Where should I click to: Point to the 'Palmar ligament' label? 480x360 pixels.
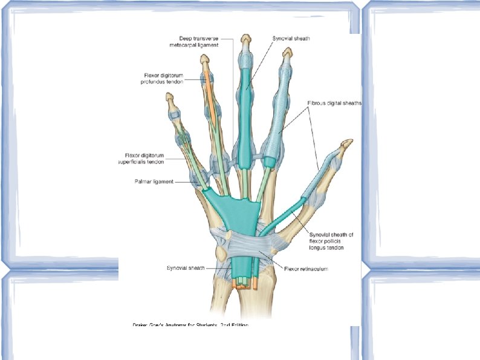point(154,180)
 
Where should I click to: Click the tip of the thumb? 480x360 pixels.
point(346,143)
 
